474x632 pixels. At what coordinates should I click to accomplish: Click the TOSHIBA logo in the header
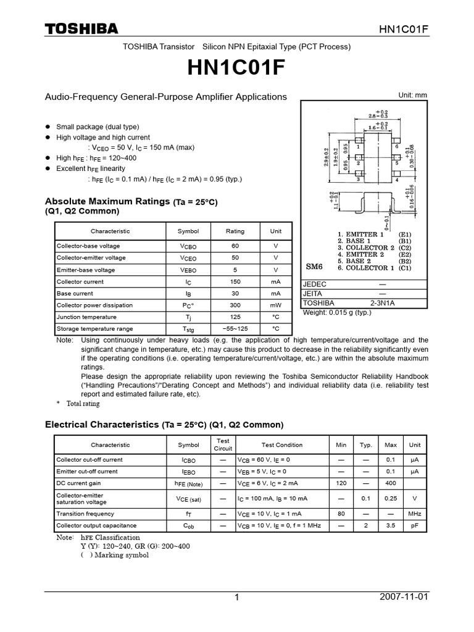pyautogui.click(x=81, y=29)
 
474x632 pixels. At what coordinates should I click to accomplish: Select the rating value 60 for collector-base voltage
pyautogui.click(x=235, y=246)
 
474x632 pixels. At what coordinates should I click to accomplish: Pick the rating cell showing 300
pyautogui.click(x=235, y=306)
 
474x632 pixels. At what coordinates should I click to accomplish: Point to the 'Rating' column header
pyautogui.click(x=235, y=231)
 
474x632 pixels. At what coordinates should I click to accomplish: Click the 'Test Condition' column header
pyautogui.click(x=282, y=444)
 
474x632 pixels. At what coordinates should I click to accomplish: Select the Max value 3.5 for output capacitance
pyautogui.click(x=390, y=526)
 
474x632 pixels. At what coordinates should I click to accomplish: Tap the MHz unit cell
pyautogui.click(x=415, y=513)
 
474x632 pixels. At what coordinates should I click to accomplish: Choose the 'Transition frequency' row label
pyautogui.click(x=85, y=513)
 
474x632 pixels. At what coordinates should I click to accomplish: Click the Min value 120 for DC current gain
pyautogui.click(x=341, y=483)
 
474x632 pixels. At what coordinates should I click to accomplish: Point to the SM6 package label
pyautogui.click(x=315, y=267)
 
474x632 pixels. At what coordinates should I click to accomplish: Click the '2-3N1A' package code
pyautogui.click(x=383, y=303)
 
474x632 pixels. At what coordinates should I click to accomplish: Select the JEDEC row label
pyautogui.click(x=315, y=283)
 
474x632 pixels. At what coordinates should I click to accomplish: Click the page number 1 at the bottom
pyautogui.click(x=236, y=597)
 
